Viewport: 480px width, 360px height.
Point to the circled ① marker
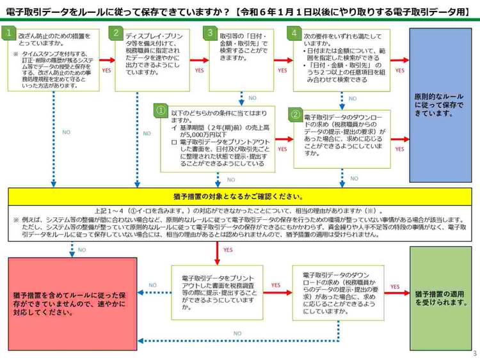click(x=161, y=111)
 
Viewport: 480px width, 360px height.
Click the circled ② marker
click(x=296, y=115)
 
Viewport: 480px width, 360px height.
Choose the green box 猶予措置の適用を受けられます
click(x=441, y=298)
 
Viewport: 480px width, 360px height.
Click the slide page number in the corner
click(x=474, y=354)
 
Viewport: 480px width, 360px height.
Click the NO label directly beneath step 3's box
click(x=252, y=98)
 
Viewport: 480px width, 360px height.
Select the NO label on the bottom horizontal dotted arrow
click(x=237, y=333)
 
